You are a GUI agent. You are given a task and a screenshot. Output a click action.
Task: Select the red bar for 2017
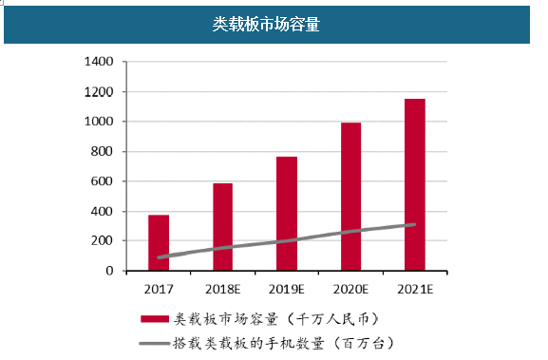[x=159, y=242]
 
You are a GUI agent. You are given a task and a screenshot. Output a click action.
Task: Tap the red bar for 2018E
[x=222, y=226]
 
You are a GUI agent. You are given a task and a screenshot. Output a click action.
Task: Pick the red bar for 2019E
[x=287, y=213]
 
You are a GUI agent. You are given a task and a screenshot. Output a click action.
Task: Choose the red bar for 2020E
[x=350, y=196]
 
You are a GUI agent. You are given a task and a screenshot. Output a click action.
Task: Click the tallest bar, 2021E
[x=414, y=184]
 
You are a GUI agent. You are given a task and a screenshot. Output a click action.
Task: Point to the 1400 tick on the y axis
[x=99, y=63]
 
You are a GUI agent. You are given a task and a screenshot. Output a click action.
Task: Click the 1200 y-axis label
[x=99, y=92]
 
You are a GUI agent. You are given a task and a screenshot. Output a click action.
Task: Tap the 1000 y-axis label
[x=99, y=122]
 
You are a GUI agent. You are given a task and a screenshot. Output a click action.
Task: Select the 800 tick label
[x=102, y=152]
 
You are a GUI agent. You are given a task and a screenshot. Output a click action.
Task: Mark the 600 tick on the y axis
[x=102, y=181]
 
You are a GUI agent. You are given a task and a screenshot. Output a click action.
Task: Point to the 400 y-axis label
[x=102, y=211]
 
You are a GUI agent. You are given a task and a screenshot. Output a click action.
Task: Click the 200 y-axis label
[x=102, y=241]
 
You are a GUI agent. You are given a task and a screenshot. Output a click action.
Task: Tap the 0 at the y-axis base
[x=109, y=271]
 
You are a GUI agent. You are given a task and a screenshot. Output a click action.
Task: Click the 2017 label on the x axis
[x=159, y=288]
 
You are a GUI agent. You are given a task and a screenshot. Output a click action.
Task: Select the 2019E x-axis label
[x=287, y=288]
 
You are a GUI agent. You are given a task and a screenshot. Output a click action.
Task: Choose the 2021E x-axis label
[x=414, y=288]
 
